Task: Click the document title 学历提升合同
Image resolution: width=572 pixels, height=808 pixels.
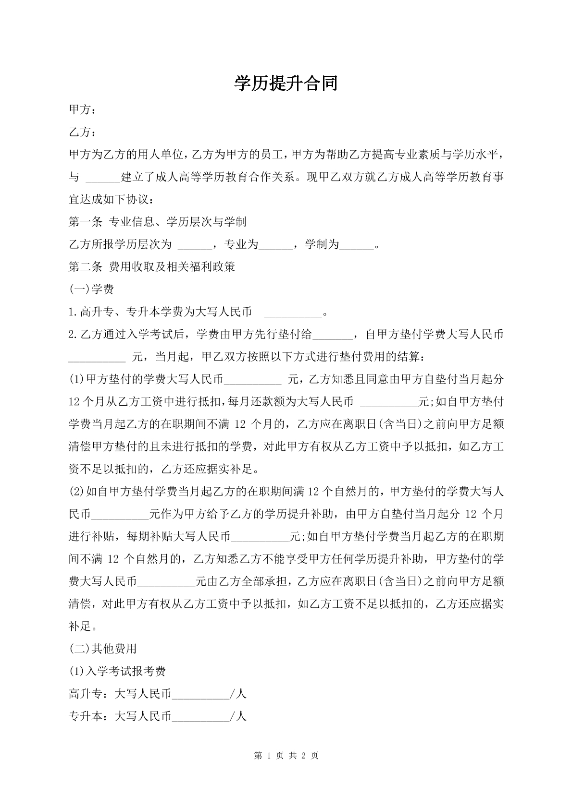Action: coord(286,84)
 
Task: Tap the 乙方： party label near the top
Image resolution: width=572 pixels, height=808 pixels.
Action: coord(82,132)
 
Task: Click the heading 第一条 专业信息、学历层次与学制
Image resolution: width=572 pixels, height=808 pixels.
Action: coord(158,222)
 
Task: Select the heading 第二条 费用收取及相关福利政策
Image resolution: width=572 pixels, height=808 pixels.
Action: coord(152,266)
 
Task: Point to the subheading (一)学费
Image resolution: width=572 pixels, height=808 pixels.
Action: coord(91,289)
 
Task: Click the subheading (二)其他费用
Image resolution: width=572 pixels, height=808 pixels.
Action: coord(103,649)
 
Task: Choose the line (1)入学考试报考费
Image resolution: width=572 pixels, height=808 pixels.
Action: coord(117,671)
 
